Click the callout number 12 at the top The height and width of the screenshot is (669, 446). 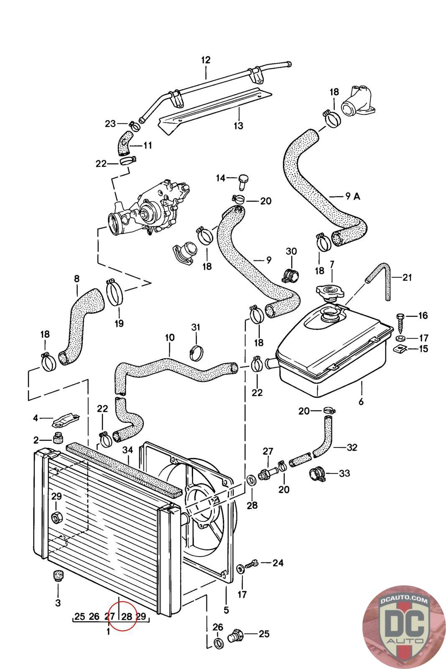[x=206, y=60]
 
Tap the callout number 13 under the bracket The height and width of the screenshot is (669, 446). [x=238, y=125]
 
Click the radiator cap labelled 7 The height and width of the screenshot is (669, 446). [x=330, y=291]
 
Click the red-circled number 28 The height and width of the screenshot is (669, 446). [x=127, y=616]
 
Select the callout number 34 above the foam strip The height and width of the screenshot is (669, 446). [x=128, y=450]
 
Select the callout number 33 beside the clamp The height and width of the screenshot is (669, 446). [x=344, y=473]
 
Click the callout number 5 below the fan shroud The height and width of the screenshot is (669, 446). [x=226, y=610]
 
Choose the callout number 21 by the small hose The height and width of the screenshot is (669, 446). [x=407, y=277]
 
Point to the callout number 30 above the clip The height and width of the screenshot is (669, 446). [x=291, y=251]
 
